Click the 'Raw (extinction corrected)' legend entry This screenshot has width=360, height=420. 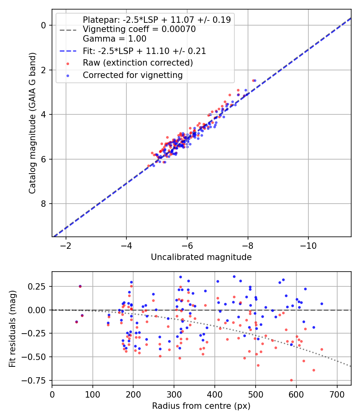click(138, 63)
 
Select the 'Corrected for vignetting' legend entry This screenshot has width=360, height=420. click(132, 75)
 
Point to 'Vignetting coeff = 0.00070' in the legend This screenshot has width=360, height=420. click(139, 29)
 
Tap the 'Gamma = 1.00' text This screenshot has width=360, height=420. click(114, 39)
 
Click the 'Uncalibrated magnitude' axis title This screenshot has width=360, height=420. click(201, 257)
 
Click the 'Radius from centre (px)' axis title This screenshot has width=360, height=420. click(201, 406)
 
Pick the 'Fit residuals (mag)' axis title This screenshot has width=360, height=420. click(12, 328)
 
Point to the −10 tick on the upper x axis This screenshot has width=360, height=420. click(308, 245)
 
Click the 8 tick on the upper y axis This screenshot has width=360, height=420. click(44, 204)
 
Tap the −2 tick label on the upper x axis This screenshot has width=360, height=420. click(66, 245)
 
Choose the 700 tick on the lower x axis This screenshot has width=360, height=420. click(337, 394)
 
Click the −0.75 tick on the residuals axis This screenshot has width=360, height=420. click(37, 380)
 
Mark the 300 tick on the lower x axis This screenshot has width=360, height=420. click(174, 394)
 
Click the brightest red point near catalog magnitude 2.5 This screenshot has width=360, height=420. click(253, 80)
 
